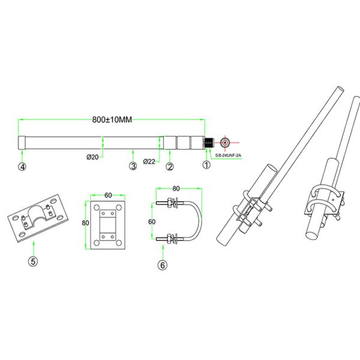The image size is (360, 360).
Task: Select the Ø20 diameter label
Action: [92, 157]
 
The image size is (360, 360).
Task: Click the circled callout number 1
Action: [206, 166]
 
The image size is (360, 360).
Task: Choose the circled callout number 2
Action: [170, 166]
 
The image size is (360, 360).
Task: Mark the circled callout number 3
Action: [133, 166]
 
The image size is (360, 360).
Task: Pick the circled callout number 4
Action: [22, 166]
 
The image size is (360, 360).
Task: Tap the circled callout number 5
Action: [34, 261]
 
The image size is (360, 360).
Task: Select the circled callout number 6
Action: [163, 263]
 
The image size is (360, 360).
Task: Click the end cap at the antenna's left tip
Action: [22, 143]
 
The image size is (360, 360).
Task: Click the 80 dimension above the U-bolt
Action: [176, 188]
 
